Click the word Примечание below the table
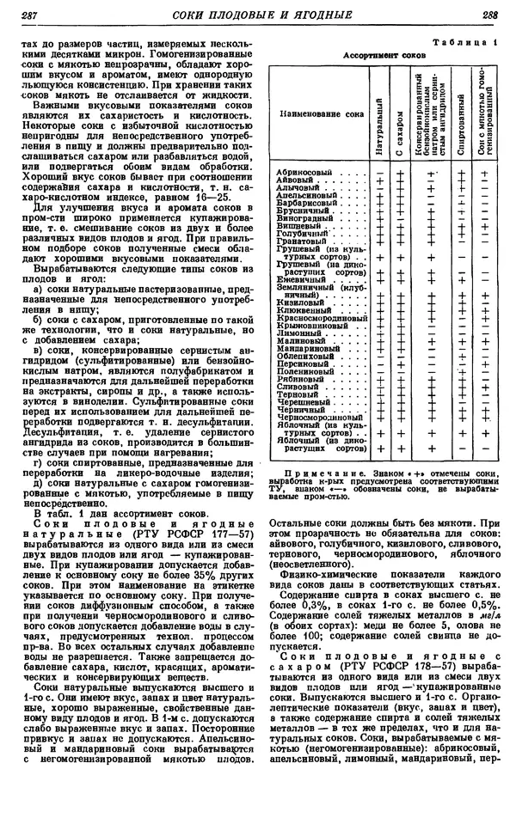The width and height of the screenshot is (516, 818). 316,473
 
